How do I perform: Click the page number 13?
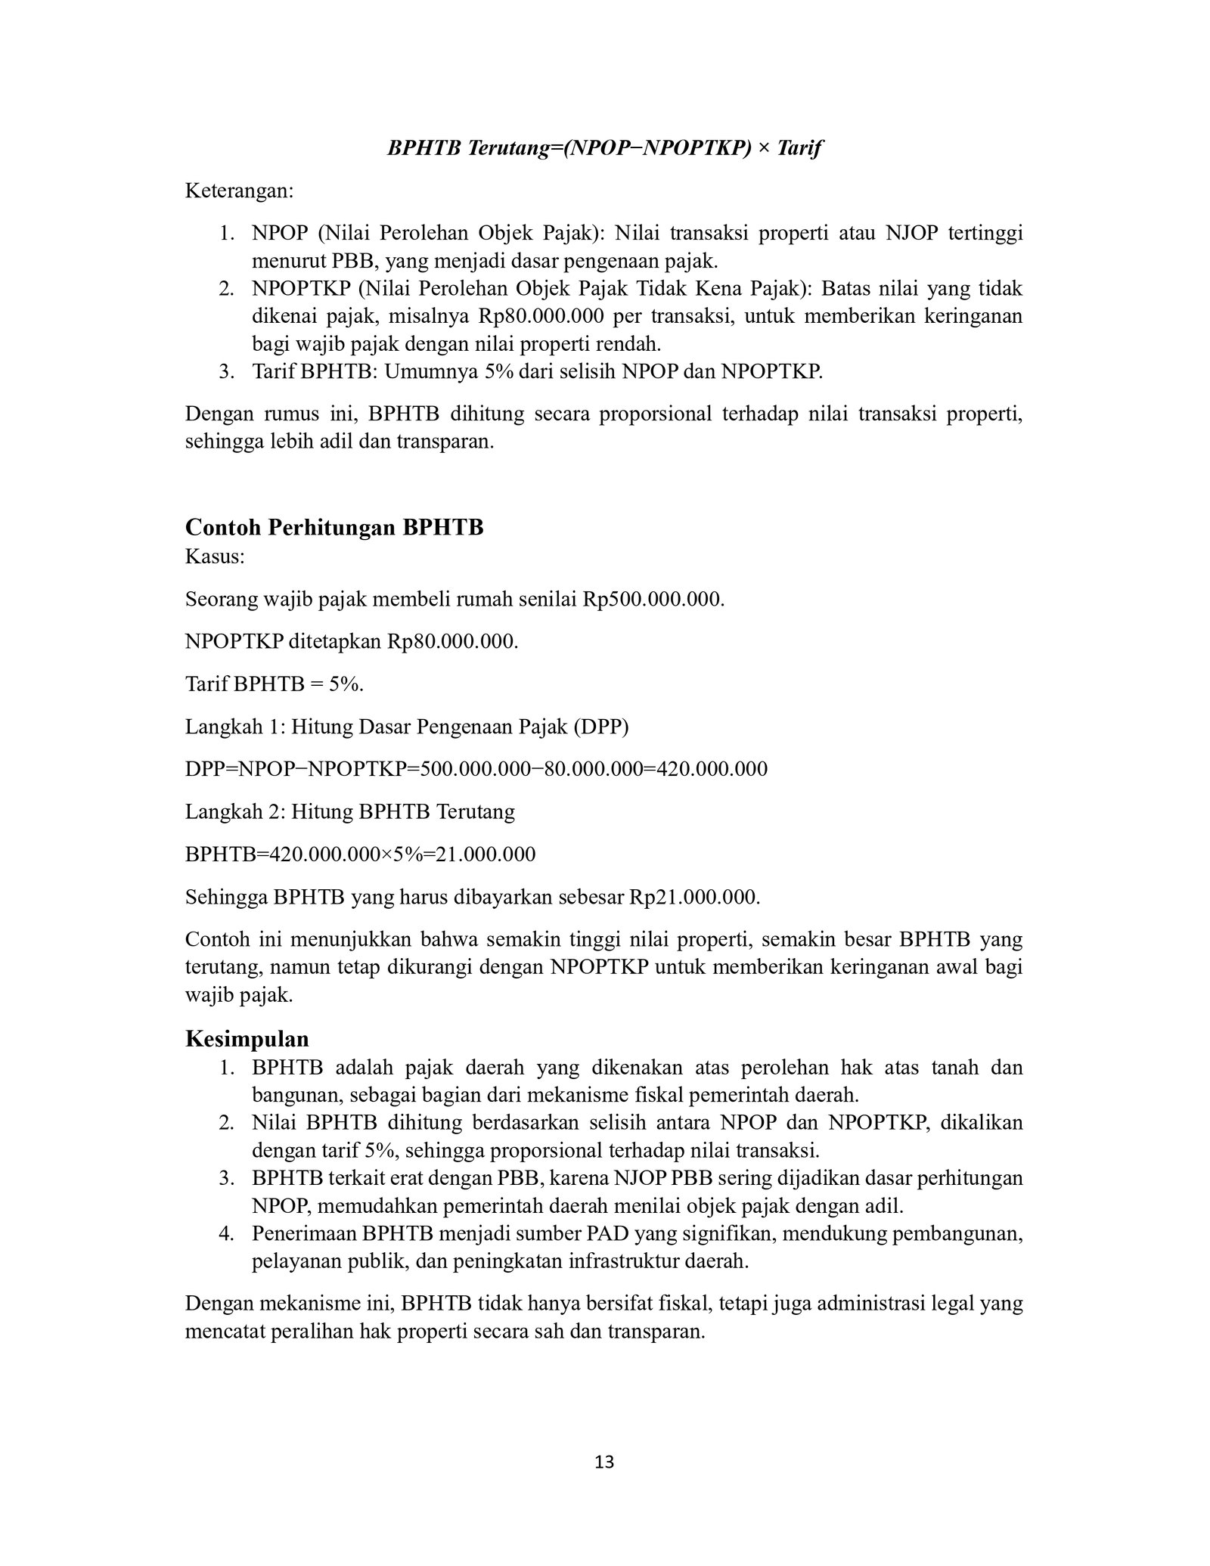click(605, 1462)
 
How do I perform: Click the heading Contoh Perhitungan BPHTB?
click(334, 526)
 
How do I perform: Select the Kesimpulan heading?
click(247, 1038)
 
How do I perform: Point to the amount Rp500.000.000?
click(653, 600)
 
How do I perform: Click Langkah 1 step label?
click(232, 727)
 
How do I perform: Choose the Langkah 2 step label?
click(232, 811)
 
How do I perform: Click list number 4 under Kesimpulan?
click(225, 1234)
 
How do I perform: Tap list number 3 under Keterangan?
click(225, 371)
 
